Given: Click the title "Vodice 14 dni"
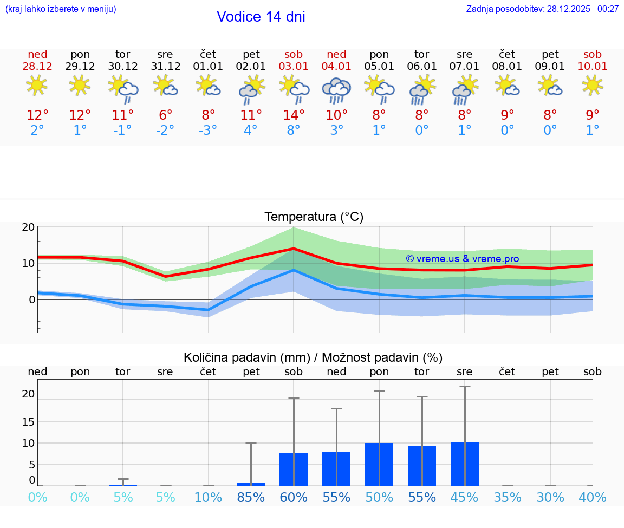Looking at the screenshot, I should click(x=261, y=17).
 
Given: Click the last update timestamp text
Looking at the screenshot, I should click(x=542, y=9).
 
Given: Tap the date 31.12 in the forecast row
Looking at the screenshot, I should click(x=165, y=67).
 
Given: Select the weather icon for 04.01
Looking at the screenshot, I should click(x=336, y=90).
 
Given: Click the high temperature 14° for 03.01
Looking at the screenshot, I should click(x=294, y=115).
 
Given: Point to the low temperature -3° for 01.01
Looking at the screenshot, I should click(x=208, y=131).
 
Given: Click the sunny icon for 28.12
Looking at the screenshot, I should click(x=37, y=86).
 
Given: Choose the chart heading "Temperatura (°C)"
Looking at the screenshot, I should click(x=314, y=217).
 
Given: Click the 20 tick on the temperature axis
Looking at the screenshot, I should click(x=28, y=227).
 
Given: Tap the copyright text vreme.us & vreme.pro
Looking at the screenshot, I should click(x=463, y=259).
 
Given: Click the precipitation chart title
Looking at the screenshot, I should click(x=313, y=357).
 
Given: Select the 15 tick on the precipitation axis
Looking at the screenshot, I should click(x=28, y=421).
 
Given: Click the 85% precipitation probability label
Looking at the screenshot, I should click(x=251, y=498).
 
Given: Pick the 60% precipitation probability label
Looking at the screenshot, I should click(x=294, y=498).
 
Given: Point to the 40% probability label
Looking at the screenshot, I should click(x=593, y=498).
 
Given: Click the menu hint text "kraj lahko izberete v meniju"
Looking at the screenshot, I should click(x=61, y=9).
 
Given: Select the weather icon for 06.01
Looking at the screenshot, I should click(x=422, y=90).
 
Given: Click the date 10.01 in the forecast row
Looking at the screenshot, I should click(x=593, y=67).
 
